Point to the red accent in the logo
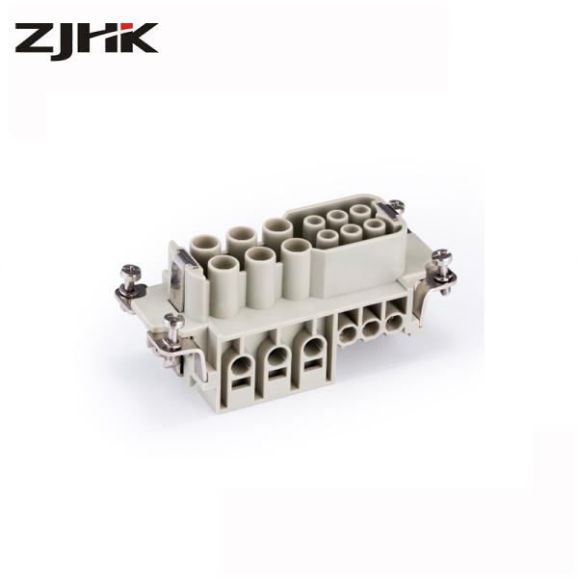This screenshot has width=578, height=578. coord(127,27)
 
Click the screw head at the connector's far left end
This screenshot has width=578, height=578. coord(132,270)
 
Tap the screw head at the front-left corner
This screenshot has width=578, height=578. coord(174,320)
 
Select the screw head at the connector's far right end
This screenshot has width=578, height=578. coord(441,255)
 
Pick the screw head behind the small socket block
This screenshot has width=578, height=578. coord(397,205)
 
